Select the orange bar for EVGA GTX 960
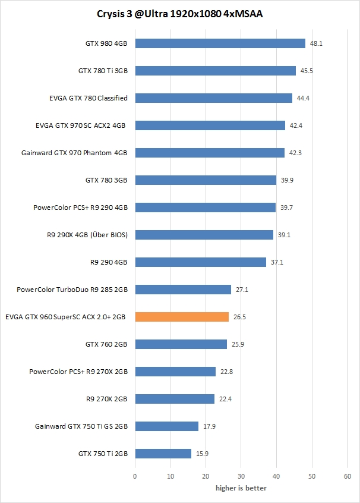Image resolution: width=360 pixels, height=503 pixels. tap(182, 317)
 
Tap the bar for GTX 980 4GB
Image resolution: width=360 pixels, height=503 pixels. tap(220, 43)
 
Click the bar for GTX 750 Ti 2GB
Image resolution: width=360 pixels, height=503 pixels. tap(163, 454)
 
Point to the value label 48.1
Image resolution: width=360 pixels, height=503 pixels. tap(315, 43)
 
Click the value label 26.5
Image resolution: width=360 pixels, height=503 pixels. tap(239, 317)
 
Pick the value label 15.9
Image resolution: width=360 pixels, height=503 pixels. tap(202, 454)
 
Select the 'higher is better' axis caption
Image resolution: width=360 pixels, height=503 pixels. tap(241, 488)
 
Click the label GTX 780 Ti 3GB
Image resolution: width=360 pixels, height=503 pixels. tap(103, 71)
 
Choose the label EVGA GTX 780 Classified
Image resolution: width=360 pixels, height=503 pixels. tap(89, 98)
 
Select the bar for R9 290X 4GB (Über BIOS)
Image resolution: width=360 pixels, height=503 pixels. tap(204, 235)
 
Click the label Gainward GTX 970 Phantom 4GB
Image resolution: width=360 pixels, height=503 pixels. tap(74, 153)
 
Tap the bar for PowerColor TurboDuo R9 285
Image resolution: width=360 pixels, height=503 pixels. tap(183, 290)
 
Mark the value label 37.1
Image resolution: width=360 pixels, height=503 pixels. tap(277, 262)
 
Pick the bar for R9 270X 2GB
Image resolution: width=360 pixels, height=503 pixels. tap(175, 399)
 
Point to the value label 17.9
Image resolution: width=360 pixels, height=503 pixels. tap(209, 426)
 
